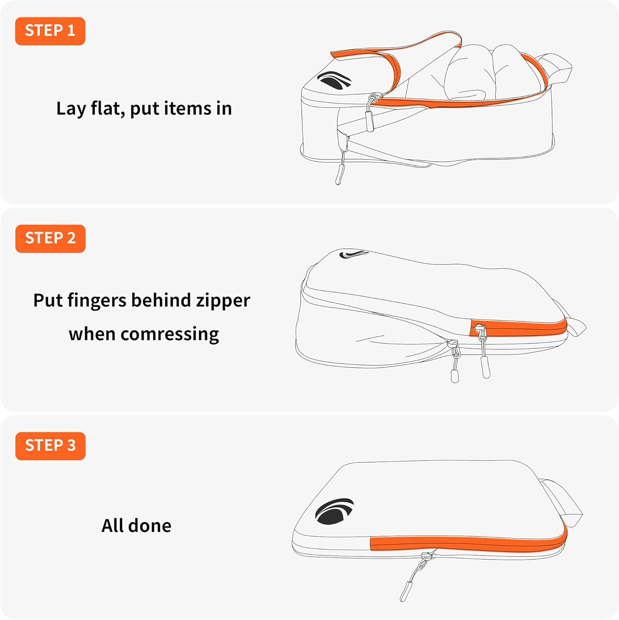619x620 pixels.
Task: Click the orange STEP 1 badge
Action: pyautogui.click(x=50, y=31)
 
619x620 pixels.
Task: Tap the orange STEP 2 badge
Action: pyautogui.click(x=50, y=238)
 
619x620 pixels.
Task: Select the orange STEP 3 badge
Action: pyautogui.click(x=50, y=446)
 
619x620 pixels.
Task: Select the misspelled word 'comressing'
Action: pyautogui.click(x=169, y=334)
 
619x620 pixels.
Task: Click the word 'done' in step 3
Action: pyautogui.click(x=150, y=526)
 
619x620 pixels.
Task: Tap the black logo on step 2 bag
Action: pyautogui.click(x=352, y=254)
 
